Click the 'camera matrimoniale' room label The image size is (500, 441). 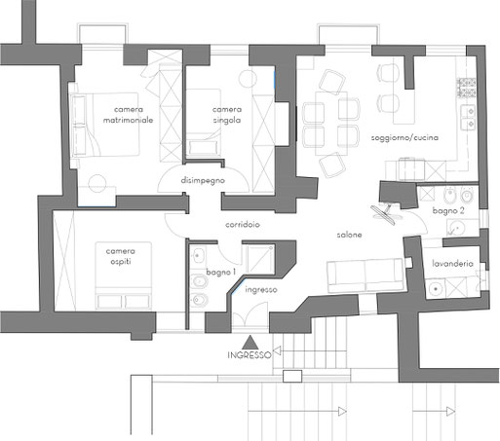[128, 115]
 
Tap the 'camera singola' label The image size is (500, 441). [227, 115]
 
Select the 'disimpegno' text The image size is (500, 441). [203, 180]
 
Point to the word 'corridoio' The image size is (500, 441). [243, 224]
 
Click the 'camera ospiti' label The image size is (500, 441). [121, 256]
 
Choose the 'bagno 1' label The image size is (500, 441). [221, 272]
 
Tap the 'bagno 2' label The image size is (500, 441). [448, 211]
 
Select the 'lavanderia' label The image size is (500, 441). [452, 264]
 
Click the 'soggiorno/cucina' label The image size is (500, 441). [404, 137]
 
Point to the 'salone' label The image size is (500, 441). [349, 235]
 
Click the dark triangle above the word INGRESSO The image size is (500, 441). [250, 343]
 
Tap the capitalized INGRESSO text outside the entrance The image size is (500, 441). [250, 355]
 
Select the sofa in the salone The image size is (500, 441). [365, 276]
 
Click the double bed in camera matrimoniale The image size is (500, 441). [104, 125]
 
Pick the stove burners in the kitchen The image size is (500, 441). [467, 88]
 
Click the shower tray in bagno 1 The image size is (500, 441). [260, 259]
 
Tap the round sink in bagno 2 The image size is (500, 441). [457, 228]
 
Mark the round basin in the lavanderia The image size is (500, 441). [436, 288]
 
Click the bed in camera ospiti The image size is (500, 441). [124, 275]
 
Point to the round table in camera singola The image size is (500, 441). [248, 78]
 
